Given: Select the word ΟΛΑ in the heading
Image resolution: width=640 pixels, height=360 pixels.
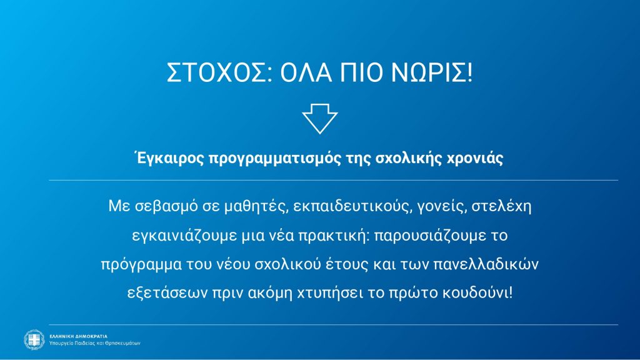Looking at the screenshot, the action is (x=306, y=72).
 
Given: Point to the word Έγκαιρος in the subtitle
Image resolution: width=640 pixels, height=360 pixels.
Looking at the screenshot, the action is (x=169, y=158).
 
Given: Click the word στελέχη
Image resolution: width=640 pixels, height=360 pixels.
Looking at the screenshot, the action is (x=501, y=206).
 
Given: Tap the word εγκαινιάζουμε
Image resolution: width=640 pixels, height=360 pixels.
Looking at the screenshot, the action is (x=184, y=236).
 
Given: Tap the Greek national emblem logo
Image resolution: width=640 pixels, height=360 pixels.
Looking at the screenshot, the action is (x=34, y=339).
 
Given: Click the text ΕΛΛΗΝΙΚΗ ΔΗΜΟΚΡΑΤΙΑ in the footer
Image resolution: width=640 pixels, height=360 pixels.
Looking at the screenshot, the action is (x=78, y=336).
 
